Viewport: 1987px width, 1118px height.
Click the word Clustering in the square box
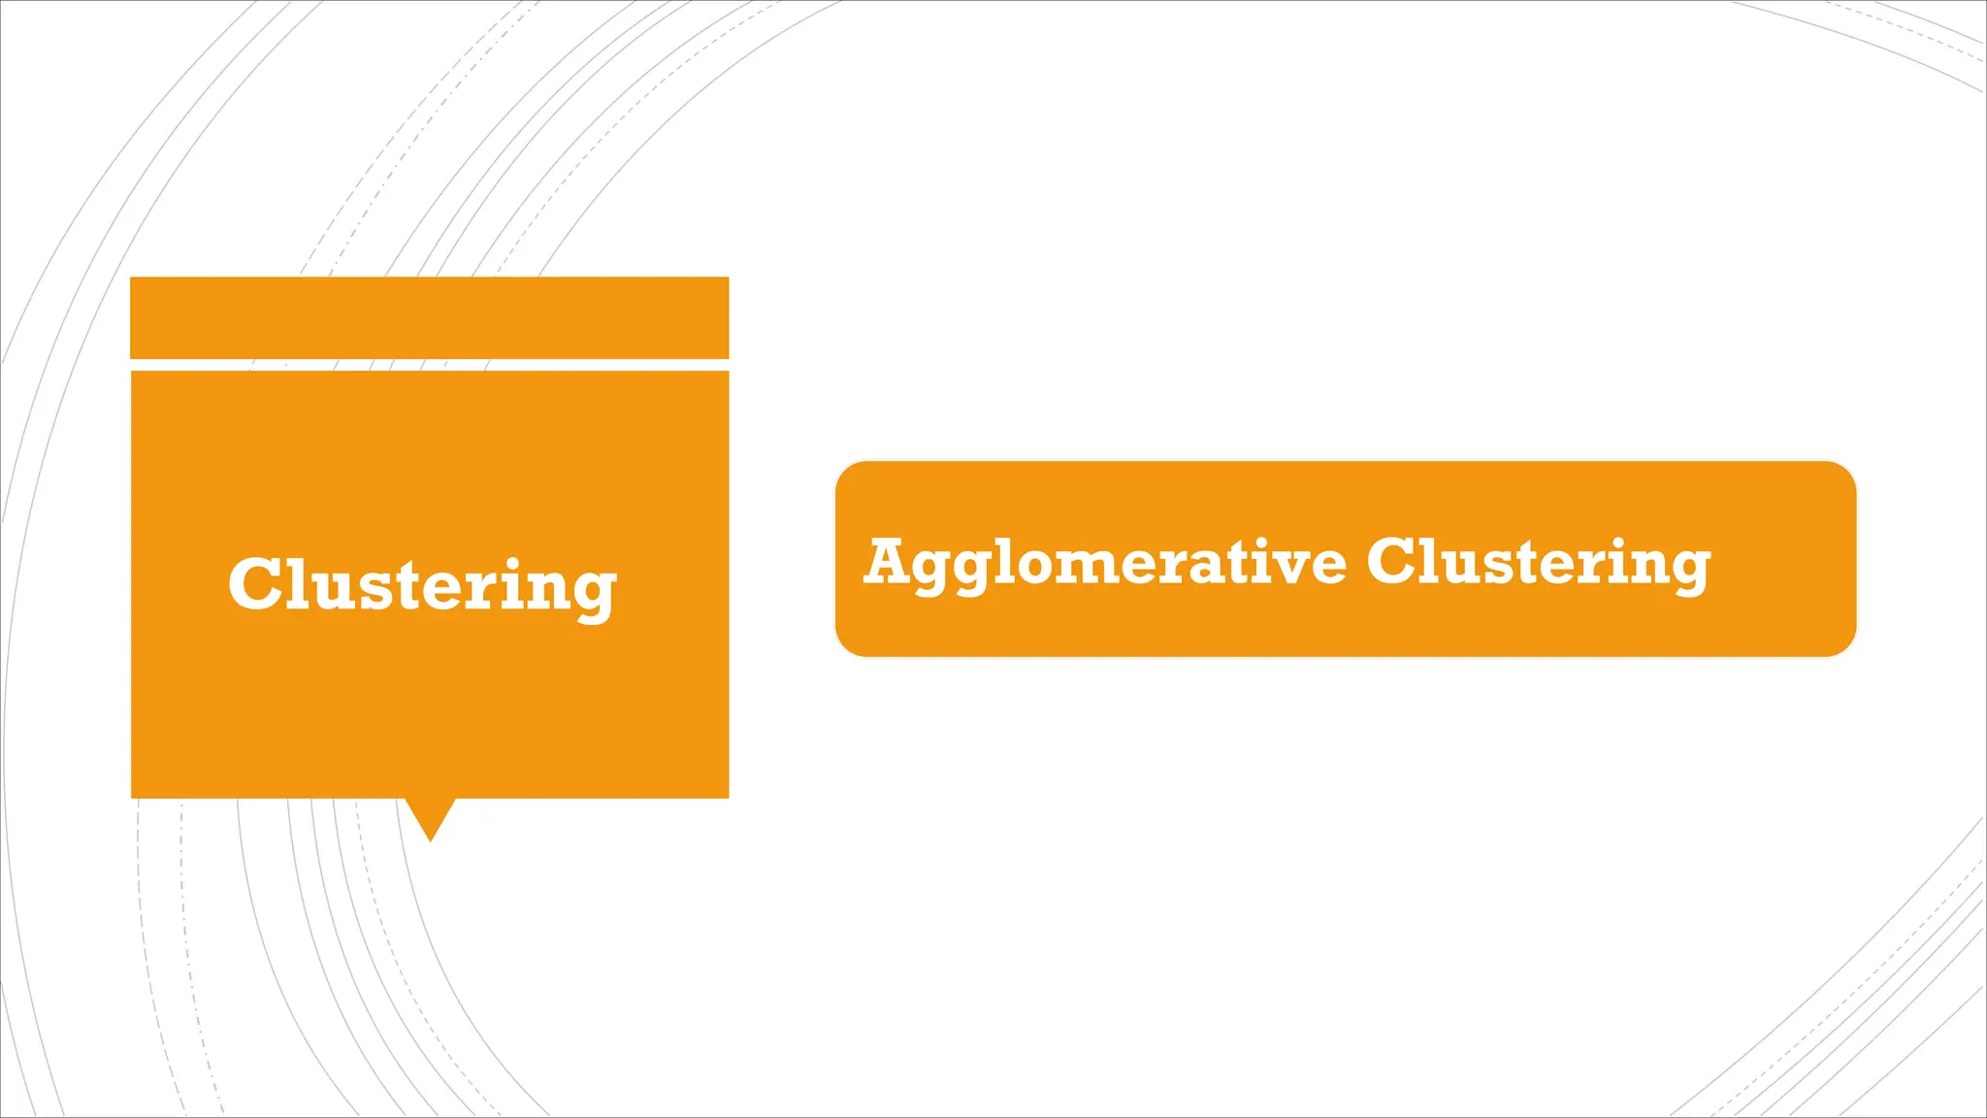click(422, 585)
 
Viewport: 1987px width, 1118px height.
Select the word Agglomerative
click(1105, 563)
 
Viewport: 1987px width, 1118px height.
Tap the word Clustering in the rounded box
click(1538, 563)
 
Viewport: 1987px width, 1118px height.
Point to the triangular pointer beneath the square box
click(430, 818)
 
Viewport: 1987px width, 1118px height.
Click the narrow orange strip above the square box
click(429, 317)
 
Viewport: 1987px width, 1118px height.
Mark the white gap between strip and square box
click(429, 365)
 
